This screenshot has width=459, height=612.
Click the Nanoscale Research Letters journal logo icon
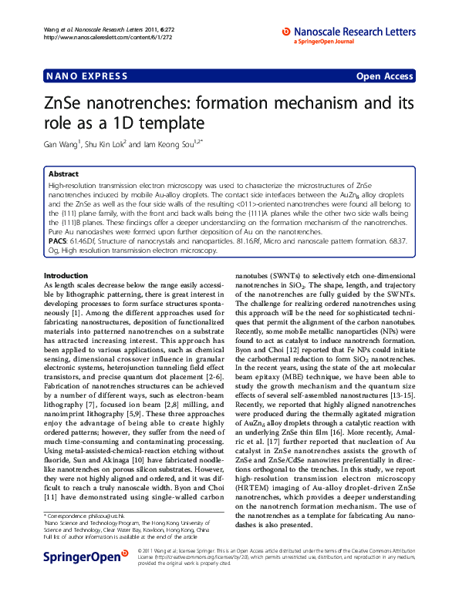286,32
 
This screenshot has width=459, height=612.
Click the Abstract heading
63,174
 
